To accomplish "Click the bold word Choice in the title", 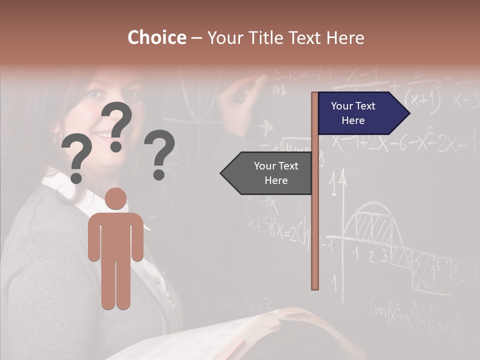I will [156, 37].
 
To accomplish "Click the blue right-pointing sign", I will [360, 113].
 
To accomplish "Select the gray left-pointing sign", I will [270, 173].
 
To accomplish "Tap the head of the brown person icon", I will [116, 198].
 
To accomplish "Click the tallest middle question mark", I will [117, 125].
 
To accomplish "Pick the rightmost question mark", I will [159, 154].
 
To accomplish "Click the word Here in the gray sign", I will [275, 180].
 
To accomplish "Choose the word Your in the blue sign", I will [342, 106].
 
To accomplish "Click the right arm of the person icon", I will [137, 240].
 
